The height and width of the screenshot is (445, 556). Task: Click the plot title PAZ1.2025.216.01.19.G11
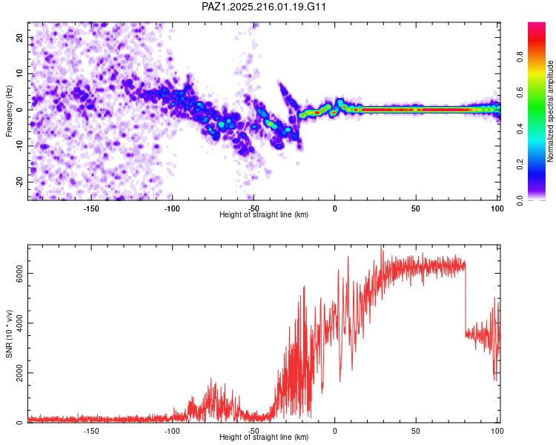[263, 7]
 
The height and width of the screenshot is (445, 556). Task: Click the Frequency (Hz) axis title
[9, 111]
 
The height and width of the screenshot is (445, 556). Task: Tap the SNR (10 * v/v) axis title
[9, 334]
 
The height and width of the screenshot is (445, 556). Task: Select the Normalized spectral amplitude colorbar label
[550, 111]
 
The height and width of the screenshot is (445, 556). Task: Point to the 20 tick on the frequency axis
[20, 37]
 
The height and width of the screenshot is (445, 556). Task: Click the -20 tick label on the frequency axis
[20, 182]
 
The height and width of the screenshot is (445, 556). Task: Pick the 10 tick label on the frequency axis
[20, 73]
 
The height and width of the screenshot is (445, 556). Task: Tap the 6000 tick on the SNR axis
[20, 273]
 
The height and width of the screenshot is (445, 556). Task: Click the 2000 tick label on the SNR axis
[20, 372]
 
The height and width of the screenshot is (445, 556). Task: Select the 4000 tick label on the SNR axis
[20, 323]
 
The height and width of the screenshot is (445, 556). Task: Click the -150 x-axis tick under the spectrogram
[91, 208]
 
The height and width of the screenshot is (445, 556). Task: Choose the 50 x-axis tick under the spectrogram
[416, 208]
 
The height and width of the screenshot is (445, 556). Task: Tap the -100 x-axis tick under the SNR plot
[172, 431]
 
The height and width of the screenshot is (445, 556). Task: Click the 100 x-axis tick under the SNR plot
[497, 431]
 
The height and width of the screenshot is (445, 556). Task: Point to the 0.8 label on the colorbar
[520, 57]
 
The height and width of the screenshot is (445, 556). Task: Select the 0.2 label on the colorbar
[520, 165]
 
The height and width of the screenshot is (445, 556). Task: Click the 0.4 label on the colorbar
[520, 128]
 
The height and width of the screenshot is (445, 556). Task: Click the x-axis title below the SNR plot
[264, 437]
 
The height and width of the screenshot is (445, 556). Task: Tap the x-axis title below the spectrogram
[264, 214]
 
